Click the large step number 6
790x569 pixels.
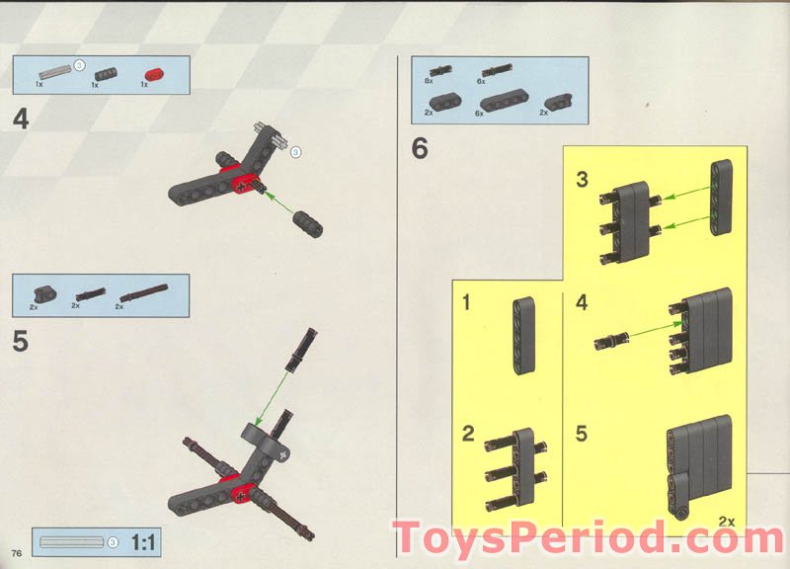[421, 150]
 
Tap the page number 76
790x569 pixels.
[16, 550]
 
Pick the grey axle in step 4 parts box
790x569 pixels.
[54, 72]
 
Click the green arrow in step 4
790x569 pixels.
[280, 205]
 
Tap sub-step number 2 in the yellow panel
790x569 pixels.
[468, 433]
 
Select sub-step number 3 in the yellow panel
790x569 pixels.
[582, 180]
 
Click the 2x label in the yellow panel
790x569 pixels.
[728, 520]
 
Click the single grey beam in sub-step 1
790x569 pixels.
[522, 337]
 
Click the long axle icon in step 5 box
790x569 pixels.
[144, 292]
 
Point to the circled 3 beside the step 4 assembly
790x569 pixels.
[295, 151]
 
